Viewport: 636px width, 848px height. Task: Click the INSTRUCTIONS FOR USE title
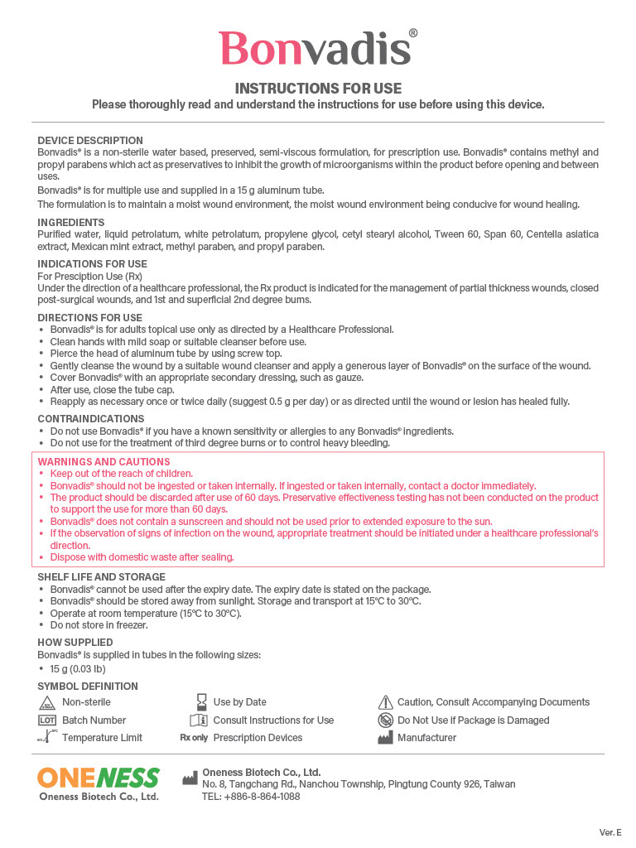click(318, 89)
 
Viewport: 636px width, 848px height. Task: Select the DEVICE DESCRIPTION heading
click(90, 141)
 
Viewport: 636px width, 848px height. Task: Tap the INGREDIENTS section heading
click(71, 223)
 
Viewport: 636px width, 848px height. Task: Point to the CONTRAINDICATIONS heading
click(91, 419)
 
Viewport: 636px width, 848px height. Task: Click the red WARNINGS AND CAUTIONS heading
click(104, 462)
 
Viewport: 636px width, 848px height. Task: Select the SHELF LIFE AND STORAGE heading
click(102, 577)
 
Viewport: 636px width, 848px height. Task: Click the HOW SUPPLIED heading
click(75, 643)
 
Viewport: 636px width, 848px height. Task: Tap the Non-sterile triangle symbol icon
click(46, 703)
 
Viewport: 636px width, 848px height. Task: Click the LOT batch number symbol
click(46, 720)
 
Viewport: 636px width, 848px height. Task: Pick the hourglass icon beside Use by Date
click(201, 702)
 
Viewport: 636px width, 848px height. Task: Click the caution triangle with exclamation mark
click(385, 702)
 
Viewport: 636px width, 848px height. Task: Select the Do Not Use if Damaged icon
click(385, 720)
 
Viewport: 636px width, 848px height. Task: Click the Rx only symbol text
click(195, 738)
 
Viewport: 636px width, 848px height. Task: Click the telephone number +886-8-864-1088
click(251, 797)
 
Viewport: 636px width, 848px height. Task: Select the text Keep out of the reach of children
click(121, 474)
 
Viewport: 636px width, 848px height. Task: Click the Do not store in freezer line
click(99, 625)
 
